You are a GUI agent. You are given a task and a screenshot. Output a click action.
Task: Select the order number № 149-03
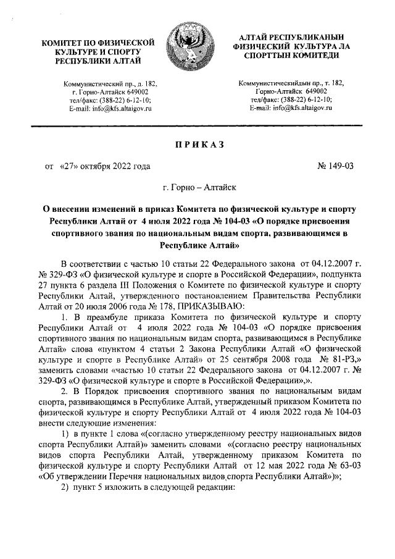[x=336, y=166]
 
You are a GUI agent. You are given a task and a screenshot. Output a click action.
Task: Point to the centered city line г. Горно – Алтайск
[x=198, y=186]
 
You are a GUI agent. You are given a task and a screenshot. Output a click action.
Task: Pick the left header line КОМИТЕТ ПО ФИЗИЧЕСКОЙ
[x=98, y=42]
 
